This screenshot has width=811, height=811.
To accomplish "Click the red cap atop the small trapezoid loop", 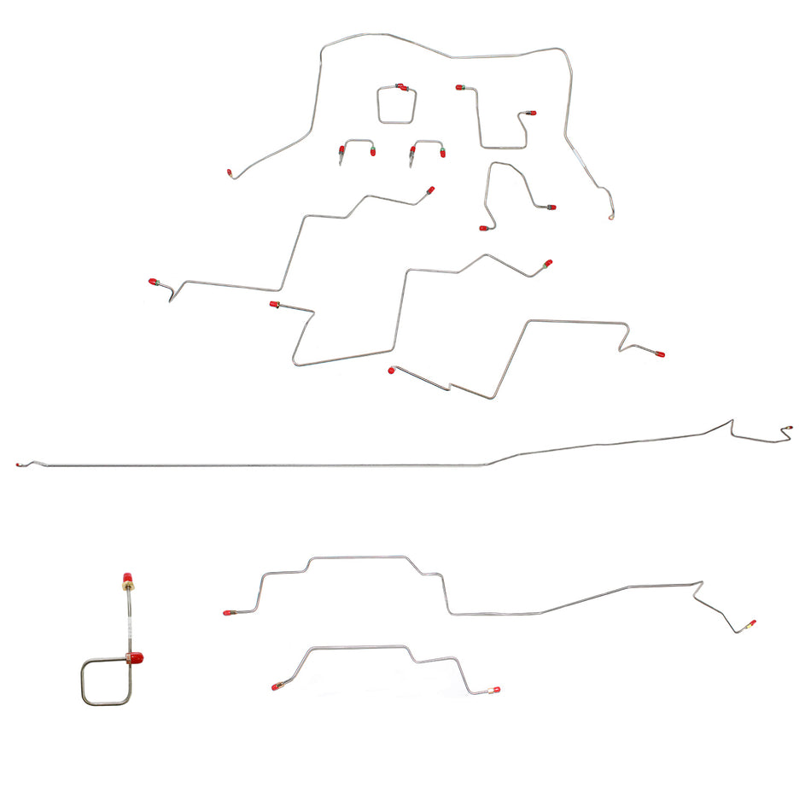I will tap(401, 86).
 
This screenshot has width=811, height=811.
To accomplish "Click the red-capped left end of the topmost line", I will tap(230, 172).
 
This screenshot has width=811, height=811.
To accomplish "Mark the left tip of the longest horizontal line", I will tap(18, 464).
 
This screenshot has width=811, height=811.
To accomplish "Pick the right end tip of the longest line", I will tap(789, 426).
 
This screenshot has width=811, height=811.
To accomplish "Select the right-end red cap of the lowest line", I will tap(496, 689).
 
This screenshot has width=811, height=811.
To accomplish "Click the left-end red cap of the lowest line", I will tap(275, 686).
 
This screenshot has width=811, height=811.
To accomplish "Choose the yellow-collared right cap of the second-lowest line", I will tap(751, 624).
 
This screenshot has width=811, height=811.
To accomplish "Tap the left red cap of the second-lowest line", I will tap(227, 612).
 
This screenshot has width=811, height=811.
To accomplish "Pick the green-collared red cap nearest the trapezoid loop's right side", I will tap(460, 87).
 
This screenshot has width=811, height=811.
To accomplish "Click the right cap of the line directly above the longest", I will tap(659, 353).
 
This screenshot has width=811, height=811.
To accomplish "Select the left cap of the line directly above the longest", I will tap(392, 370).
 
